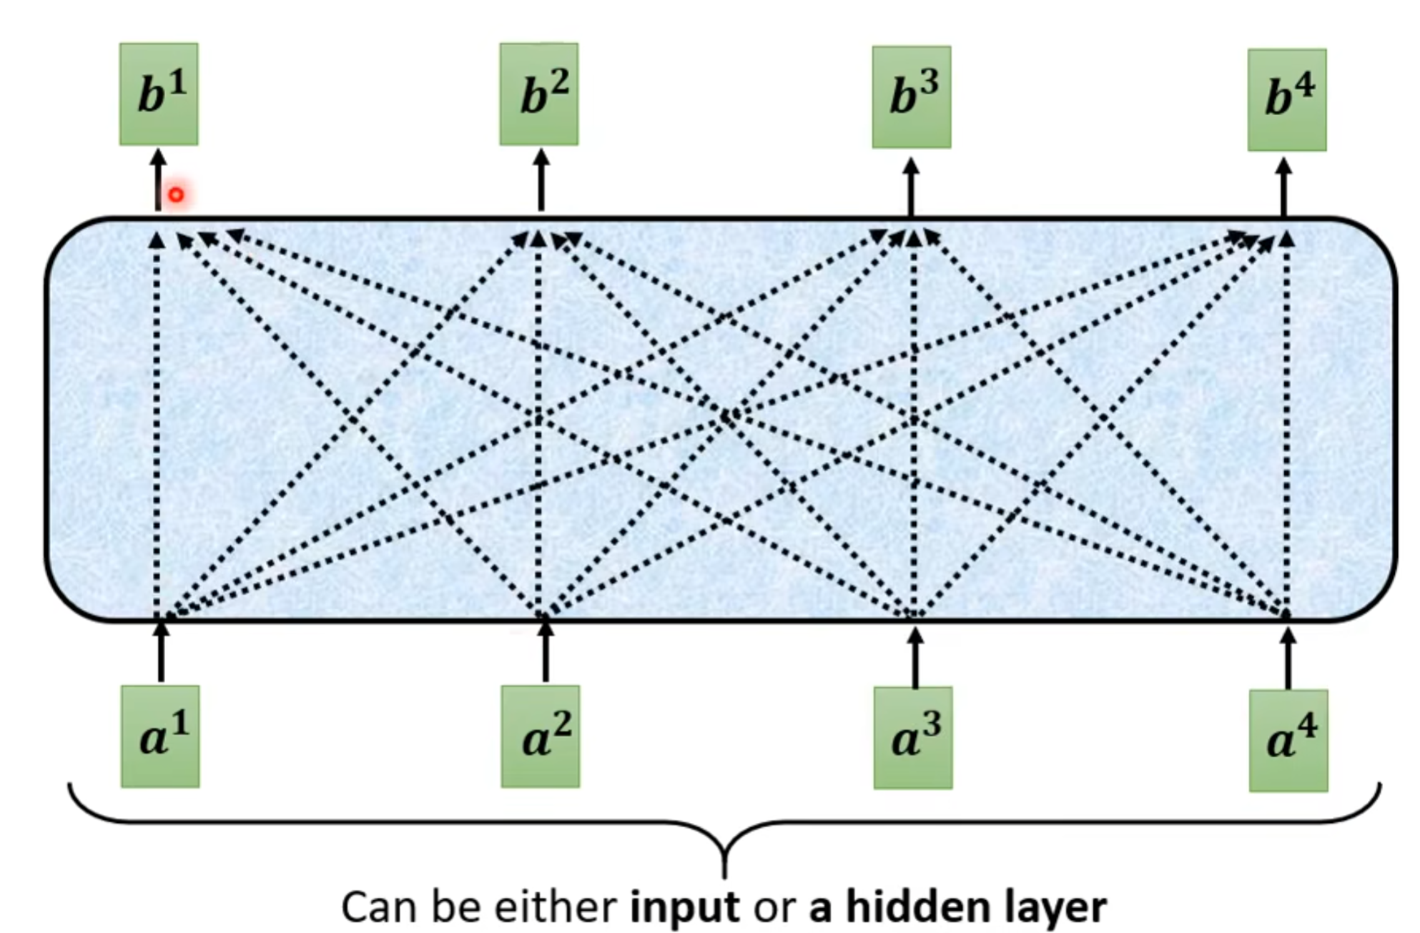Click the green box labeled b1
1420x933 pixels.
[x=159, y=94]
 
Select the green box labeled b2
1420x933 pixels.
[x=539, y=94]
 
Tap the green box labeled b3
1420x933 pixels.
[x=912, y=97]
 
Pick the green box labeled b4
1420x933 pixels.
[x=1287, y=100]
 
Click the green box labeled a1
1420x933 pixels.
[x=160, y=736]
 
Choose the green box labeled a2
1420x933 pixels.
[x=541, y=736]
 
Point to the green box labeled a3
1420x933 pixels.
[x=913, y=738]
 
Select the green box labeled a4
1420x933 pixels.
[x=1288, y=741]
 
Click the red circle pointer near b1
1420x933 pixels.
[x=176, y=194]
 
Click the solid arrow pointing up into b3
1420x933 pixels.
[x=911, y=187]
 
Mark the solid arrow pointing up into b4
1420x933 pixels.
[x=1284, y=187]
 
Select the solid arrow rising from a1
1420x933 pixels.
[x=161, y=652]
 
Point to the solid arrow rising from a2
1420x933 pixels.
[x=546, y=652]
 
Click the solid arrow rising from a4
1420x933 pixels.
[x=1288, y=658]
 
